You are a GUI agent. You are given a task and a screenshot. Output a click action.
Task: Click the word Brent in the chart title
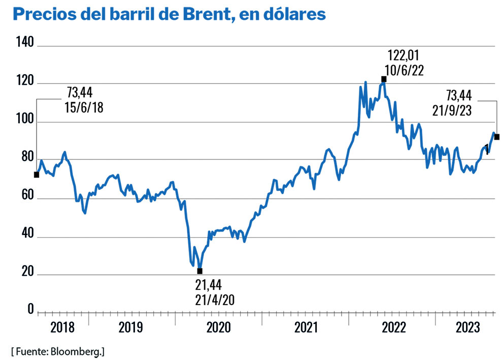click(x=204, y=14)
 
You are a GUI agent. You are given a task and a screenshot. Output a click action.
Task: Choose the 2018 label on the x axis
click(x=63, y=328)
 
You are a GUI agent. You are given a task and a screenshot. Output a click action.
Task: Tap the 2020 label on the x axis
click(x=218, y=328)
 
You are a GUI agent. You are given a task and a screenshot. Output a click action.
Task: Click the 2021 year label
click(x=306, y=328)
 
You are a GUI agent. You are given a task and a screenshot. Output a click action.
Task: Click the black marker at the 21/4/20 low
click(x=200, y=271)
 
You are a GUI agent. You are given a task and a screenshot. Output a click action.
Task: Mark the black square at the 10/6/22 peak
click(x=384, y=79)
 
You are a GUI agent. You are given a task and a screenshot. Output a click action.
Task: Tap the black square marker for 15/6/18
click(x=37, y=175)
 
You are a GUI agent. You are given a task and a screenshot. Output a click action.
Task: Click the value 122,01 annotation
click(x=405, y=55)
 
